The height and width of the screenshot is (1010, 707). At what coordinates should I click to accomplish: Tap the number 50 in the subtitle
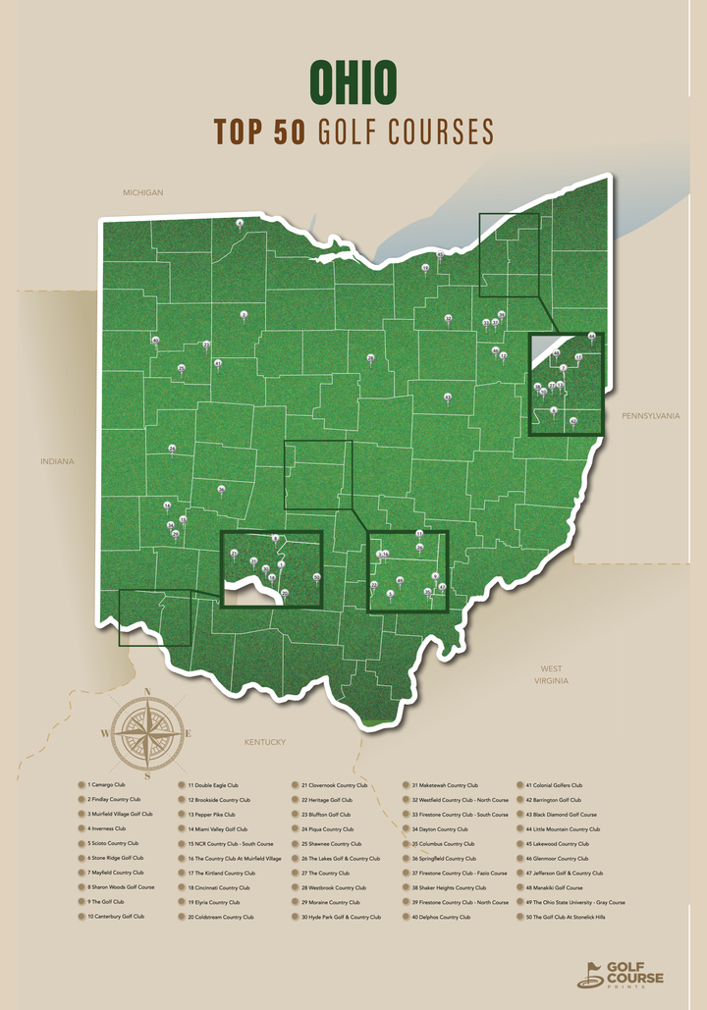coord(289,132)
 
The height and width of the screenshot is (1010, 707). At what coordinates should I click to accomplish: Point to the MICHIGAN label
coord(142,192)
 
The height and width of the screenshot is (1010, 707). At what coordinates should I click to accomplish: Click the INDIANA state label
coord(57,461)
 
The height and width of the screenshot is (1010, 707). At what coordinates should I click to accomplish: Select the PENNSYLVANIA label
coord(650,416)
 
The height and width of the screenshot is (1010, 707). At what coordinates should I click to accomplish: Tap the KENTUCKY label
coord(265,742)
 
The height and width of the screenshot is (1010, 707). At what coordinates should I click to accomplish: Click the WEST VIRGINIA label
coord(550,674)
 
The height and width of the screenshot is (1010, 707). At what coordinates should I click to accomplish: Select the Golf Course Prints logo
coord(621,974)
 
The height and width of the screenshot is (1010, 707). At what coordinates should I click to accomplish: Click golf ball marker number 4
coord(240,224)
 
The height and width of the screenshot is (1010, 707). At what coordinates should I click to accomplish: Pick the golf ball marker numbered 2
coord(244,315)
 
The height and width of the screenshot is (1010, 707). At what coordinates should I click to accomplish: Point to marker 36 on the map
coord(222,488)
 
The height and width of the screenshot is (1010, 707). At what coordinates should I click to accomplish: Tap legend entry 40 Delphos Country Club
coord(441,917)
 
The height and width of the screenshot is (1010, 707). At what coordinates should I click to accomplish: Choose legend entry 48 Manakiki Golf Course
coord(555,887)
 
